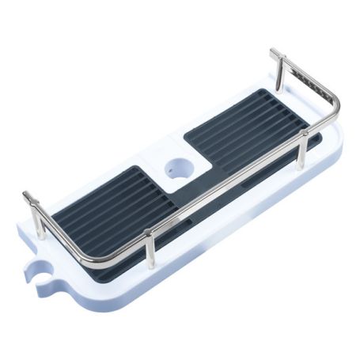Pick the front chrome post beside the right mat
301,150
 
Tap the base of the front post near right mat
301,166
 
